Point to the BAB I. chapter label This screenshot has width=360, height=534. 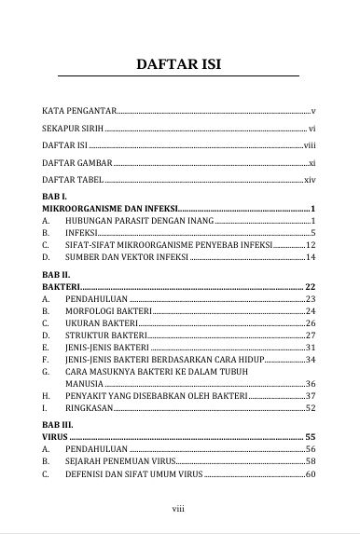53,198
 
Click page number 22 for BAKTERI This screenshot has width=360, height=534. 311,287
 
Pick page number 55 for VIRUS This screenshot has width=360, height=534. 311,437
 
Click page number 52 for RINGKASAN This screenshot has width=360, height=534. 312,407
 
